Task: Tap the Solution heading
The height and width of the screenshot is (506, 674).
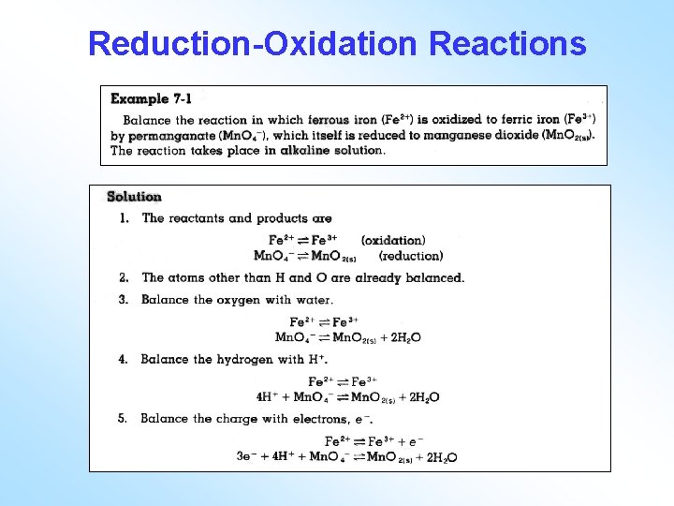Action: click(134, 197)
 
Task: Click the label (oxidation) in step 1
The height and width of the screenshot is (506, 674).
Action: click(392, 241)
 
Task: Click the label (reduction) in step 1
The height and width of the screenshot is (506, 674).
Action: click(411, 256)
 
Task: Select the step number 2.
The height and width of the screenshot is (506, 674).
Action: click(124, 277)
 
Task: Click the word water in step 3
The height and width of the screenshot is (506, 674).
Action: click(315, 300)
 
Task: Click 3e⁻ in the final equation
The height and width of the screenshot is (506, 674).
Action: click(247, 457)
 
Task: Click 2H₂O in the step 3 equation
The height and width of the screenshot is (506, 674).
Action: click(403, 337)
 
